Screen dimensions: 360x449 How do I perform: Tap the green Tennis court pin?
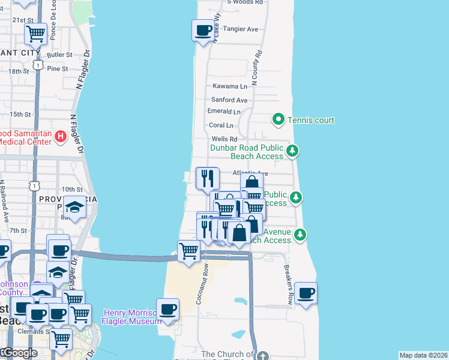click(279, 120)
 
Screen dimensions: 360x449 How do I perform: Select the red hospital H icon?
click(60, 137)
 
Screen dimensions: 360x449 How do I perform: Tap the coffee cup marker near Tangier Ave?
click(203, 29)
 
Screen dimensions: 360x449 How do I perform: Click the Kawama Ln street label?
click(229, 86)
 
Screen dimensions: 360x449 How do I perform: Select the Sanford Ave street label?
click(229, 100)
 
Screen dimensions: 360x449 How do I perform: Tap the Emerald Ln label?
click(224, 112)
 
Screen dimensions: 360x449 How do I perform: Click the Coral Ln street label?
click(221, 125)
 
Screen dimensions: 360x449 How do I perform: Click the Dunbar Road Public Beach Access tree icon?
click(292, 151)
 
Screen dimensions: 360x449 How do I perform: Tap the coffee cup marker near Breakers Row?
click(306, 293)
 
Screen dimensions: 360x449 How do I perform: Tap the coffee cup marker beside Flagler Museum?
click(168, 309)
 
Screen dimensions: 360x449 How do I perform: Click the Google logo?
click(19, 353)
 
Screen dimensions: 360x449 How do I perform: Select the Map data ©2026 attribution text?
click(423, 355)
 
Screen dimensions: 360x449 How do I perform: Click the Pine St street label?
click(58, 68)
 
